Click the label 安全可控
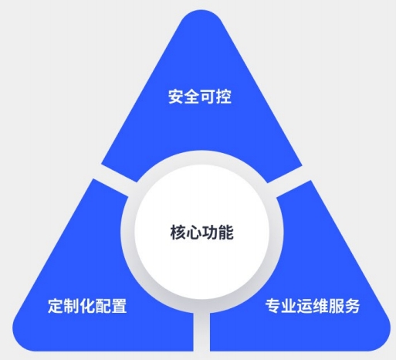200,97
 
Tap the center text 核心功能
201,233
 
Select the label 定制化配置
87,306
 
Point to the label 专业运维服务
313,306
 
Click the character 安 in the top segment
176,97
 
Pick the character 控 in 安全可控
224,97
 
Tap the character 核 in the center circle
178,233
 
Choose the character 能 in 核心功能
225,233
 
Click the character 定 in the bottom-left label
56,306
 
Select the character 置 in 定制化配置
119,306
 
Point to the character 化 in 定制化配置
87,306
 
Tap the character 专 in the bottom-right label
273,306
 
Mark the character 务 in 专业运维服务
352,306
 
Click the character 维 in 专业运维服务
320,306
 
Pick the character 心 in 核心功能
194,233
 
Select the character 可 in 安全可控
208,97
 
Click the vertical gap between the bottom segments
201,331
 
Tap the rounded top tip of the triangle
201,13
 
